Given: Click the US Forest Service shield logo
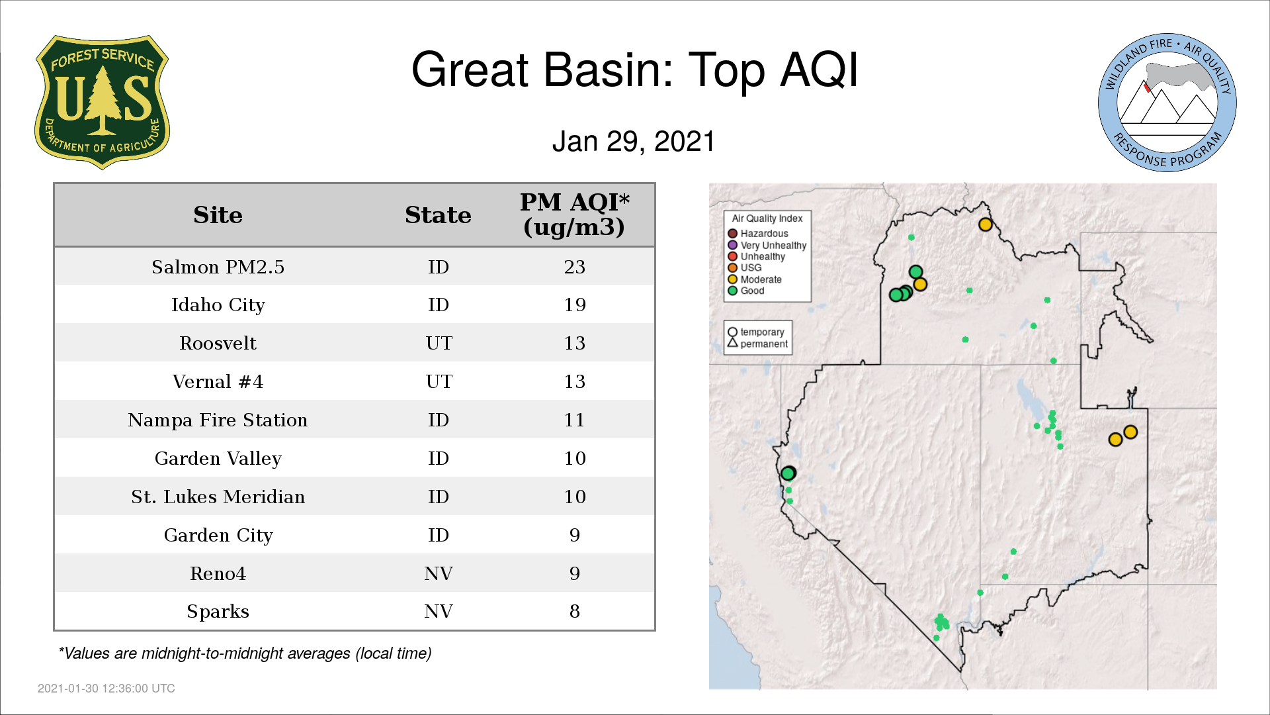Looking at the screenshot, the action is [102, 103].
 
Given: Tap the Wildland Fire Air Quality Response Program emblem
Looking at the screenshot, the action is [1167, 103].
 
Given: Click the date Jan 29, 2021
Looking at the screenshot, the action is [634, 142].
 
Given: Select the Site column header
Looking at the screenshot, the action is [218, 215].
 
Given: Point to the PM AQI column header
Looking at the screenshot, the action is [574, 215].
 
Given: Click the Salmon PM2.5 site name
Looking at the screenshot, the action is [218, 267].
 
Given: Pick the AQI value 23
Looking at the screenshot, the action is [574, 267].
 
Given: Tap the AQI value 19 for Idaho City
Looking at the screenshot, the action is [574, 305].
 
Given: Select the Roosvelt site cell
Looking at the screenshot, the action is [218, 344].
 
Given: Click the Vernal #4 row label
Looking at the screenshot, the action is [218, 382].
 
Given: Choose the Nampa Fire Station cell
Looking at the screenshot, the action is [218, 420].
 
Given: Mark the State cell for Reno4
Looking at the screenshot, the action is [439, 574].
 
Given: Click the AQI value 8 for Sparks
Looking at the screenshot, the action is [574, 612].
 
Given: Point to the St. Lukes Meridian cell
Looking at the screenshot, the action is [218, 497].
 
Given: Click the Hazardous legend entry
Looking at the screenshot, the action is [758, 234].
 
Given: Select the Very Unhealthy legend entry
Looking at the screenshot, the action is [767, 246].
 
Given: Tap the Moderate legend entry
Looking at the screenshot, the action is [755, 279].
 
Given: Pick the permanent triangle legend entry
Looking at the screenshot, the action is [757, 344].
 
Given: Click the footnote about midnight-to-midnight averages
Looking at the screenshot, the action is [245, 654].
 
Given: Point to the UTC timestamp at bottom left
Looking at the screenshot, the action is [106, 689].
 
